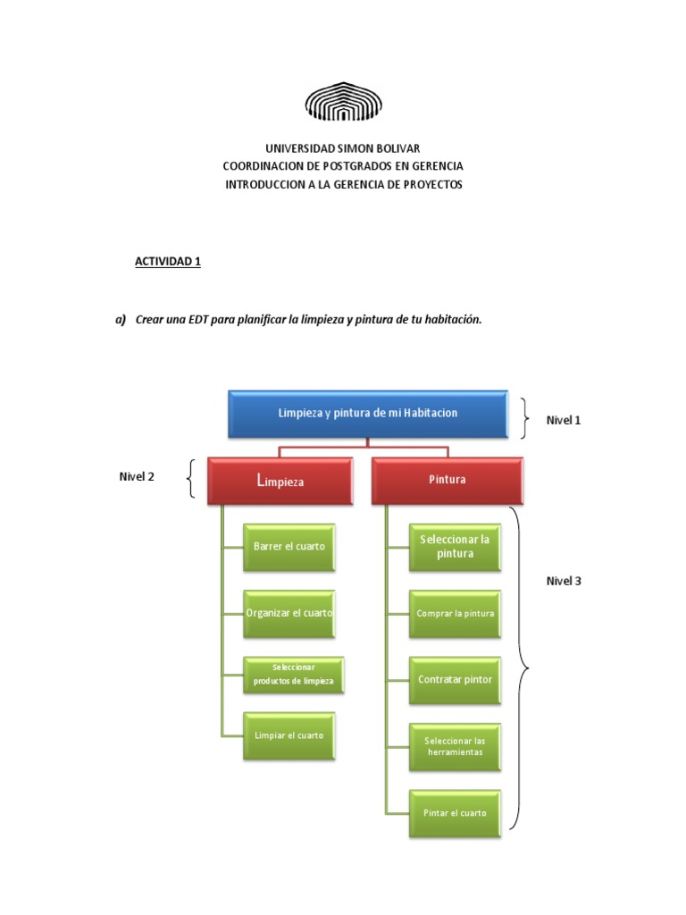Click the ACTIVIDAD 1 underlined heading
click(x=168, y=262)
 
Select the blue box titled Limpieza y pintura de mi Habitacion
click(x=368, y=413)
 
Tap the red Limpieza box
click(x=280, y=481)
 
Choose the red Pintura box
click(x=447, y=480)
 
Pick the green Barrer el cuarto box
click(x=289, y=546)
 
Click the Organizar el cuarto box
click(x=289, y=613)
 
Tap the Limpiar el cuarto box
click(x=289, y=735)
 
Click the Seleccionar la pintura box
click(x=455, y=546)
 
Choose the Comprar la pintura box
click(x=455, y=614)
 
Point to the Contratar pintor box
click(x=455, y=680)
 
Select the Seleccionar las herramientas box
click(x=455, y=746)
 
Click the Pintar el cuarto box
click(x=455, y=813)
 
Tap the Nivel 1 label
click(x=564, y=420)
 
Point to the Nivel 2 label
click(x=137, y=477)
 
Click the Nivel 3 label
click(x=564, y=581)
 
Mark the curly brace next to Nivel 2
click(x=190, y=480)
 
